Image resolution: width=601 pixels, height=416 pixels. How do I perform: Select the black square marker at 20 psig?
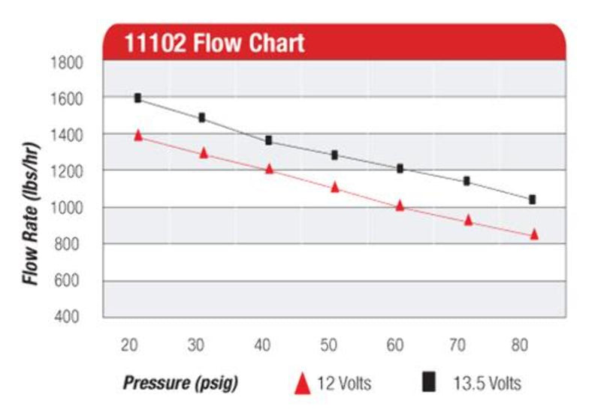click(137, 98)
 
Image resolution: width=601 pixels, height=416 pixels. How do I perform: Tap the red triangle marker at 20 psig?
click(137, 135)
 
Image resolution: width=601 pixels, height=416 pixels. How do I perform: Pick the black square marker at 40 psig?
click(268, 140)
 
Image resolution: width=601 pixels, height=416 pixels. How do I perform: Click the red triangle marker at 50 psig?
click(335, 187)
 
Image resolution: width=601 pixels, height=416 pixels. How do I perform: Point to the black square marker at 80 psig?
click(532, 199)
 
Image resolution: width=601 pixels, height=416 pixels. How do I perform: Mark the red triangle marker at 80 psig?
click(534, 234)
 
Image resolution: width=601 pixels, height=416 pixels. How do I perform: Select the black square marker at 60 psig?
click(400, 169)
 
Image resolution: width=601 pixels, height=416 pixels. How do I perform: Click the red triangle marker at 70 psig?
click(468, 220)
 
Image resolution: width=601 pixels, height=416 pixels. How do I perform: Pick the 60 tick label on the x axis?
click(395, 346)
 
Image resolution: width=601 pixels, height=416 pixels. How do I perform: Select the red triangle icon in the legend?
click(302, 384)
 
